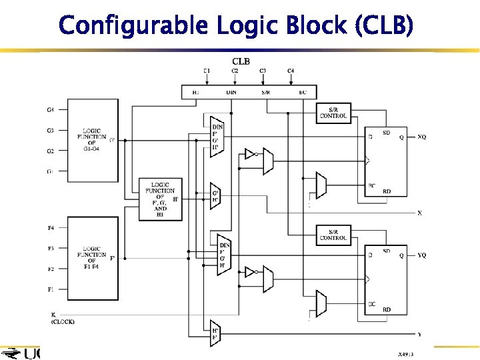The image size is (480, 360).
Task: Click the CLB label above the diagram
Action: pyautogui.click(x=241, y=61)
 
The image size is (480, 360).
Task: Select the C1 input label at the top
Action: pyautogui.click(x=207, y=71)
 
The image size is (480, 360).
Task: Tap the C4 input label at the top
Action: pyautogui.click(x=291, y=71)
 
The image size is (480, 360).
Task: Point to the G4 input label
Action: pyautogui.click(x=51, y=109)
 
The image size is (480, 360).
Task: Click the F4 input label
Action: pyautogui.click(x=51, y=228)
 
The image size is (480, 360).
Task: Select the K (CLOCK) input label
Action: pyautogui.click(x=62, y=317)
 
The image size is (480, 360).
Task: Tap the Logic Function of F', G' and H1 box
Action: pyautogui.click(x=160, y=199)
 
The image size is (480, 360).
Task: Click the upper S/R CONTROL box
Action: pyautogui.click(x=333, y=113)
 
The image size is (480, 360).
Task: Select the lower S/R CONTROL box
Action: pyautogui.click(x=333, y=235)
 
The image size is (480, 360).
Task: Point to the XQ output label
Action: pyautogui.click(x=421, y=137)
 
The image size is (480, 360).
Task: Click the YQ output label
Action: pyautogui.click(x=421, y=255)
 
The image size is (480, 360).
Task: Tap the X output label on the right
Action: pyautogui.click(x=419, y=213)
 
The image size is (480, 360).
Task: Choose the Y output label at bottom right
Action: pyautogui.click(x=419, y=334)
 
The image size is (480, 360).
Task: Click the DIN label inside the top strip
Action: pyautogui.click(x=231, y=93)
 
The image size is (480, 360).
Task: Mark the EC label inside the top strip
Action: pyautogui.click(x=303, y=93)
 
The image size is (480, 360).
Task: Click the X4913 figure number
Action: pyautogui.click(x=406, y=355)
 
